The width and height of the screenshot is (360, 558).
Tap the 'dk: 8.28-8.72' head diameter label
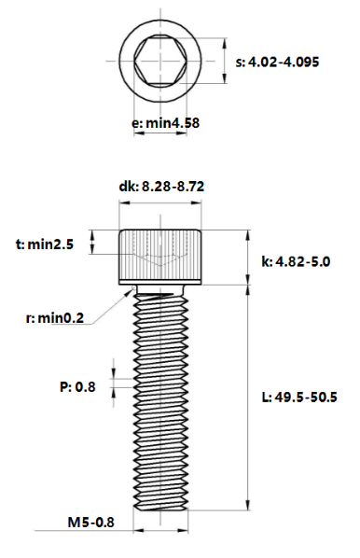pos(161,187)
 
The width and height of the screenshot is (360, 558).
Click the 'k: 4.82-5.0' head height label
pos(296,262)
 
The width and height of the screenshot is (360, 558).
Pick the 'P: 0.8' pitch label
pos(78,385)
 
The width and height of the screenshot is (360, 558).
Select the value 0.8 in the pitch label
pos(86,385)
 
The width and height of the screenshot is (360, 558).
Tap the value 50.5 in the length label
pos(323,398)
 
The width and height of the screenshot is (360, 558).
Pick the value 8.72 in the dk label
pos(189,187)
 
